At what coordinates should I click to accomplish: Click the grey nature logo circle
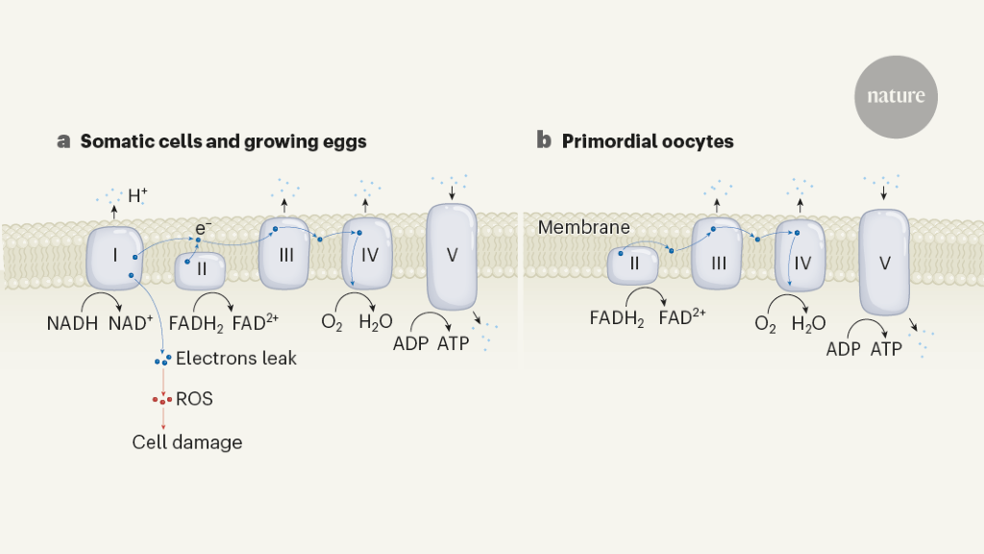896,96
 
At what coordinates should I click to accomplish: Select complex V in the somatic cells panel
451,257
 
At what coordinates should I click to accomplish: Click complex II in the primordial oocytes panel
633,264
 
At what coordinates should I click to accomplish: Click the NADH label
72,322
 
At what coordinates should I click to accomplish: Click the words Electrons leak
236,359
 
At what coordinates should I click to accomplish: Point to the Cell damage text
187,442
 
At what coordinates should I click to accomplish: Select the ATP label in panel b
886,349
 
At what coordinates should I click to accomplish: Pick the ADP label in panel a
410,343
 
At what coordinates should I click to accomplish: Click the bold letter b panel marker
544,141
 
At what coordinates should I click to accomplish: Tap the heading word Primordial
608,141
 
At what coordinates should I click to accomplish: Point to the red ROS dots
162,399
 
